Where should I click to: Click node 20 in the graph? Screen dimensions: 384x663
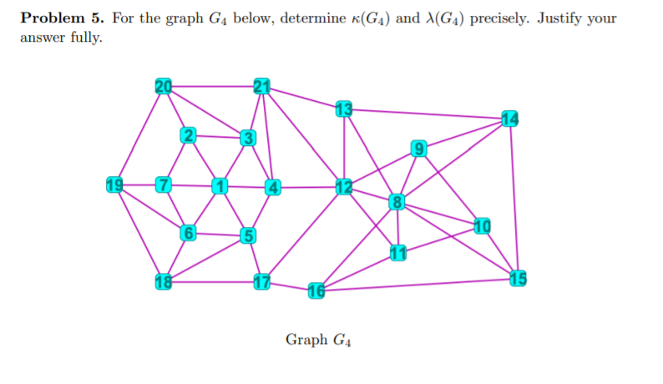163,85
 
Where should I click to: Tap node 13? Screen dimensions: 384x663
343,108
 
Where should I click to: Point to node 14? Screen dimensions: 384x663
510,118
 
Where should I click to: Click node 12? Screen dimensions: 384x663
344,185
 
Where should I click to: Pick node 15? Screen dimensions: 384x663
518,278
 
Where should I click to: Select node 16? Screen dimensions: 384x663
316,291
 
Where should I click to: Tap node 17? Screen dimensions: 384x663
262,281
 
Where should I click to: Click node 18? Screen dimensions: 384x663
163,280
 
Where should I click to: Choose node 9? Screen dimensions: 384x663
418,149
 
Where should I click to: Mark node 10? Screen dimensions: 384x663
483,225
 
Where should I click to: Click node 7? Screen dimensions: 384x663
164,184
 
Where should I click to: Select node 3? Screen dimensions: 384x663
246,137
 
